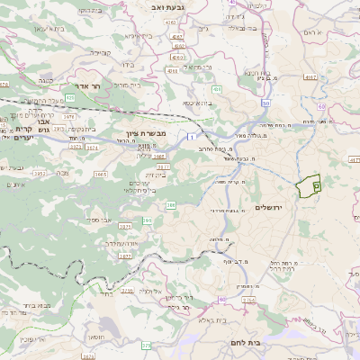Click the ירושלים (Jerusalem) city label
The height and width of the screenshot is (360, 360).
pos(269,208)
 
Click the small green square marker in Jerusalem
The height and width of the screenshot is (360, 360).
pos(316,184)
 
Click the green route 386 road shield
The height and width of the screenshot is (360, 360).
pos(169,206)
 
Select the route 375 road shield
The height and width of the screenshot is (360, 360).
pos(146,344)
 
